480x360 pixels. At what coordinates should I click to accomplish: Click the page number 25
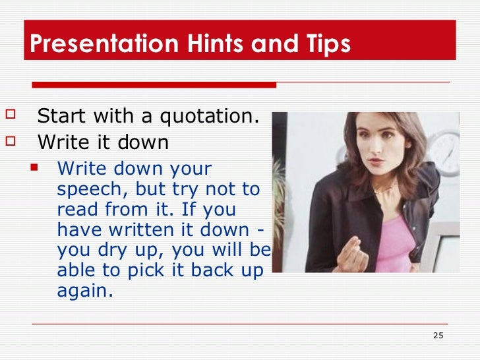click(438, 336)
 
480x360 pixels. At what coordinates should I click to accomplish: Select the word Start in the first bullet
click(61, 117)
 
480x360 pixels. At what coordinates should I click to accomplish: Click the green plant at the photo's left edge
click(280, 198)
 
